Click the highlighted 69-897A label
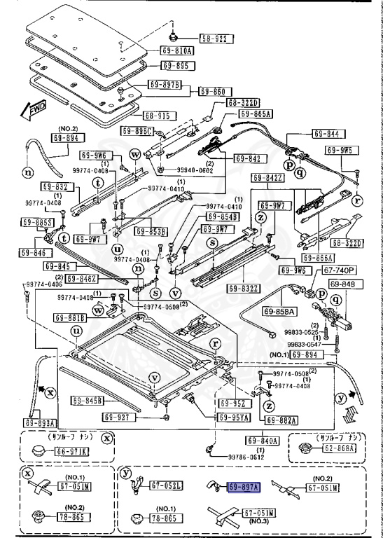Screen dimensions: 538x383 tap(242, 486)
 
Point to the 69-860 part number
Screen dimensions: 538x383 tap(214, 91)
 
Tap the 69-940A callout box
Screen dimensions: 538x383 tap(263, 441)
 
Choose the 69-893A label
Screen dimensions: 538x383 tap(39, 423)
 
